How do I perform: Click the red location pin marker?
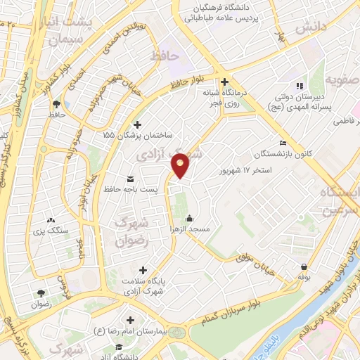[x=181, y=165]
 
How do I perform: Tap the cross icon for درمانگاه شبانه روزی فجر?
[x=225, y=82]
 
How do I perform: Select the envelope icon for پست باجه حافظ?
[x=129, y=177]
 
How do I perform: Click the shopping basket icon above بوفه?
[x=304, y=267]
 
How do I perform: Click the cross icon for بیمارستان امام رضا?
[x=131, y=320]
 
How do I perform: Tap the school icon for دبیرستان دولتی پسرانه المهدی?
[x=301, y=86]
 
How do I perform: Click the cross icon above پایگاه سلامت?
[x=143, y=270]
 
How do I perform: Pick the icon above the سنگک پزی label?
[x=49, y=219]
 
